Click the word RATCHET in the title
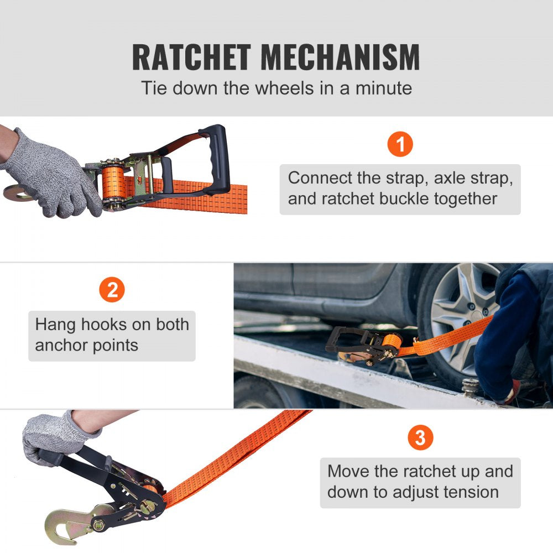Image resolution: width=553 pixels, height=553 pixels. click(x=191, y=57)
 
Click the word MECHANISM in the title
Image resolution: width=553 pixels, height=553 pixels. click(x=340, y=57)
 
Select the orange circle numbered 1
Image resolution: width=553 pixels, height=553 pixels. click(x=400, y=144)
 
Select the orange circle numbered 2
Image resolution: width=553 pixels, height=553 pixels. click(x=112, y=291)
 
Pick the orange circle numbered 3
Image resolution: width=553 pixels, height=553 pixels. click(x=420, y=438)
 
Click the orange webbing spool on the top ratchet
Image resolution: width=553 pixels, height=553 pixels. click(x=113, y=184)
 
